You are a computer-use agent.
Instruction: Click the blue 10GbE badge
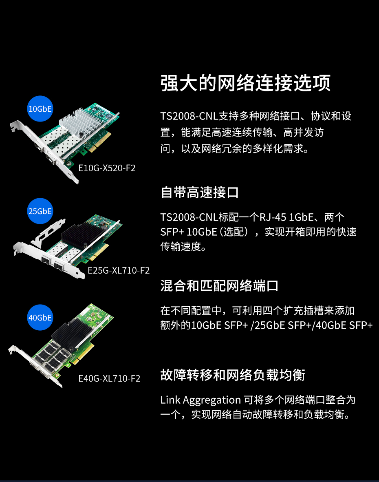point(40,109)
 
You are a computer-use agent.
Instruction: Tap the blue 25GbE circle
point(40,211)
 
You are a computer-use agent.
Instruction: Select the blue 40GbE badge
point(40,318)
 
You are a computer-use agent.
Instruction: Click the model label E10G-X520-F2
point(107,168)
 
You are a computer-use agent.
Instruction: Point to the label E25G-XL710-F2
point(119,270)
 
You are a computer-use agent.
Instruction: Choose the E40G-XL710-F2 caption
point(109,378)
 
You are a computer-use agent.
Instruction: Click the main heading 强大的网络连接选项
point(245,83)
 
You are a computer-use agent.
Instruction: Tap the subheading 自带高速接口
point(200,193)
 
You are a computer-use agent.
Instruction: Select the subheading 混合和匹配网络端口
point(219,286)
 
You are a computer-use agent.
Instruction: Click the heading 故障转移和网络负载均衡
point(233,375)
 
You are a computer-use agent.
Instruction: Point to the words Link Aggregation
point(201,400)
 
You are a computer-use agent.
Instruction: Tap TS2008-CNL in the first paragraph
point(189,116)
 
